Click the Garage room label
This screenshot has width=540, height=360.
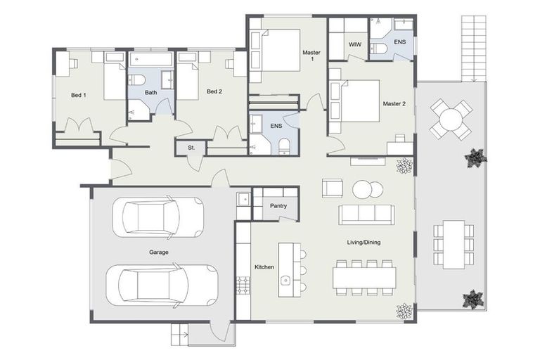(x=158, y=252)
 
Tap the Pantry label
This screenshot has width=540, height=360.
(x=278, y=206)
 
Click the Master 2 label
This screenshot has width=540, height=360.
(x=394, y=104)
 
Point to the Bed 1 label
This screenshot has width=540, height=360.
(x=78, y=95)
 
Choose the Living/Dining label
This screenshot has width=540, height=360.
(x=364, y=243)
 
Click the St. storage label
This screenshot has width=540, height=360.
(x=191, y=148)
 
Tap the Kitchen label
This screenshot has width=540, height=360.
(x=264, y=267)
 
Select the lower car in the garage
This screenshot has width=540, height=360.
(x=162, y=285)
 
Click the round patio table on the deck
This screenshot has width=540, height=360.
(x=451, y=118)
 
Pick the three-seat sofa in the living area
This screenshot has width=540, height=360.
(x=366, y=214)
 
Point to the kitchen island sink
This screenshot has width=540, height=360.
(x=285, y=281)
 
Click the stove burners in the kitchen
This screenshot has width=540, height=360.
(x=243, y=285)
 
